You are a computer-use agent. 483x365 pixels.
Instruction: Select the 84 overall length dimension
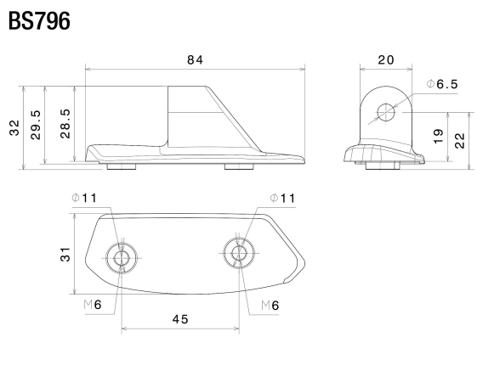point(196,59)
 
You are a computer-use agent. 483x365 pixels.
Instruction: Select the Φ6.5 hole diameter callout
point(441,85)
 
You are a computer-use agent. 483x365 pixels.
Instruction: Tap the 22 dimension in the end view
point(460,139)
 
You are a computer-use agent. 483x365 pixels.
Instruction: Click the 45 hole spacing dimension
point(179,319)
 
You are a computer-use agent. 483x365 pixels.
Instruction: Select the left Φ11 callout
point(85,198)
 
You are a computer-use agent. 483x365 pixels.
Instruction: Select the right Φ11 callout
point(282,198)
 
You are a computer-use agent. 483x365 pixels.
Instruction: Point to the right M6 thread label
point(270,304)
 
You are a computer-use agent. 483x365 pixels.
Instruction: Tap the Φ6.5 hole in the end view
point(386,112)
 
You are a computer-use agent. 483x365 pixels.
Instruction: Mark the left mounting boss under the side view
point(122,166)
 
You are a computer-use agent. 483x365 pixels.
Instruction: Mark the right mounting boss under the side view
point(238,166)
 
